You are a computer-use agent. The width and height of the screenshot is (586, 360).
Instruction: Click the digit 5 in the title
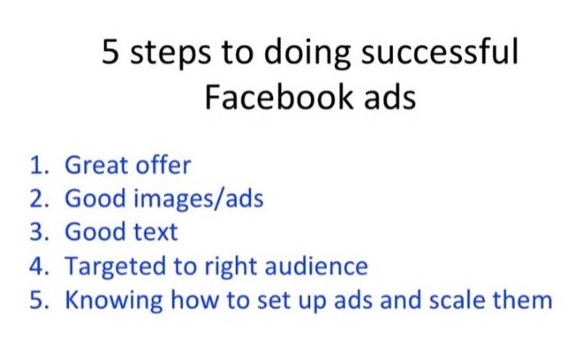coord(111,51)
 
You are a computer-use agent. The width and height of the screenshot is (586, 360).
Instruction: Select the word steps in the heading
coord(170,54)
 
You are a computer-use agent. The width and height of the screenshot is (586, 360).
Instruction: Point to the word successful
coord(440,51)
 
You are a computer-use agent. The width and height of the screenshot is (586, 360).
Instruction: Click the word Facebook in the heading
coord(278,97)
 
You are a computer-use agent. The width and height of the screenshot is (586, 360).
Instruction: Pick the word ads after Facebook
coord(390,97)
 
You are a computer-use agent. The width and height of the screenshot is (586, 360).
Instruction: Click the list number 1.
coord(39,165)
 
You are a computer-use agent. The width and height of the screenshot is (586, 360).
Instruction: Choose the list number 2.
coord(39,199)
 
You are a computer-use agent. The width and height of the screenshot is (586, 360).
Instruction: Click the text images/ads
coord(199,200)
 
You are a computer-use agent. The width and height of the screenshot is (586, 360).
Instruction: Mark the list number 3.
coord(39,231)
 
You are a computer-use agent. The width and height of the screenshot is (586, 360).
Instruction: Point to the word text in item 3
coord(156,232)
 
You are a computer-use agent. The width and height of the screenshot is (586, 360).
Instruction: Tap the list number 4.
coord(39,266)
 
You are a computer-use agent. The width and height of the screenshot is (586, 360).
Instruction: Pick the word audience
coord(316,265)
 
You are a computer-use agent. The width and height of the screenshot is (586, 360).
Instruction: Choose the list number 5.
coord(39,300)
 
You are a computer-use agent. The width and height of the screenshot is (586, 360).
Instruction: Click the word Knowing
coord(114,301)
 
